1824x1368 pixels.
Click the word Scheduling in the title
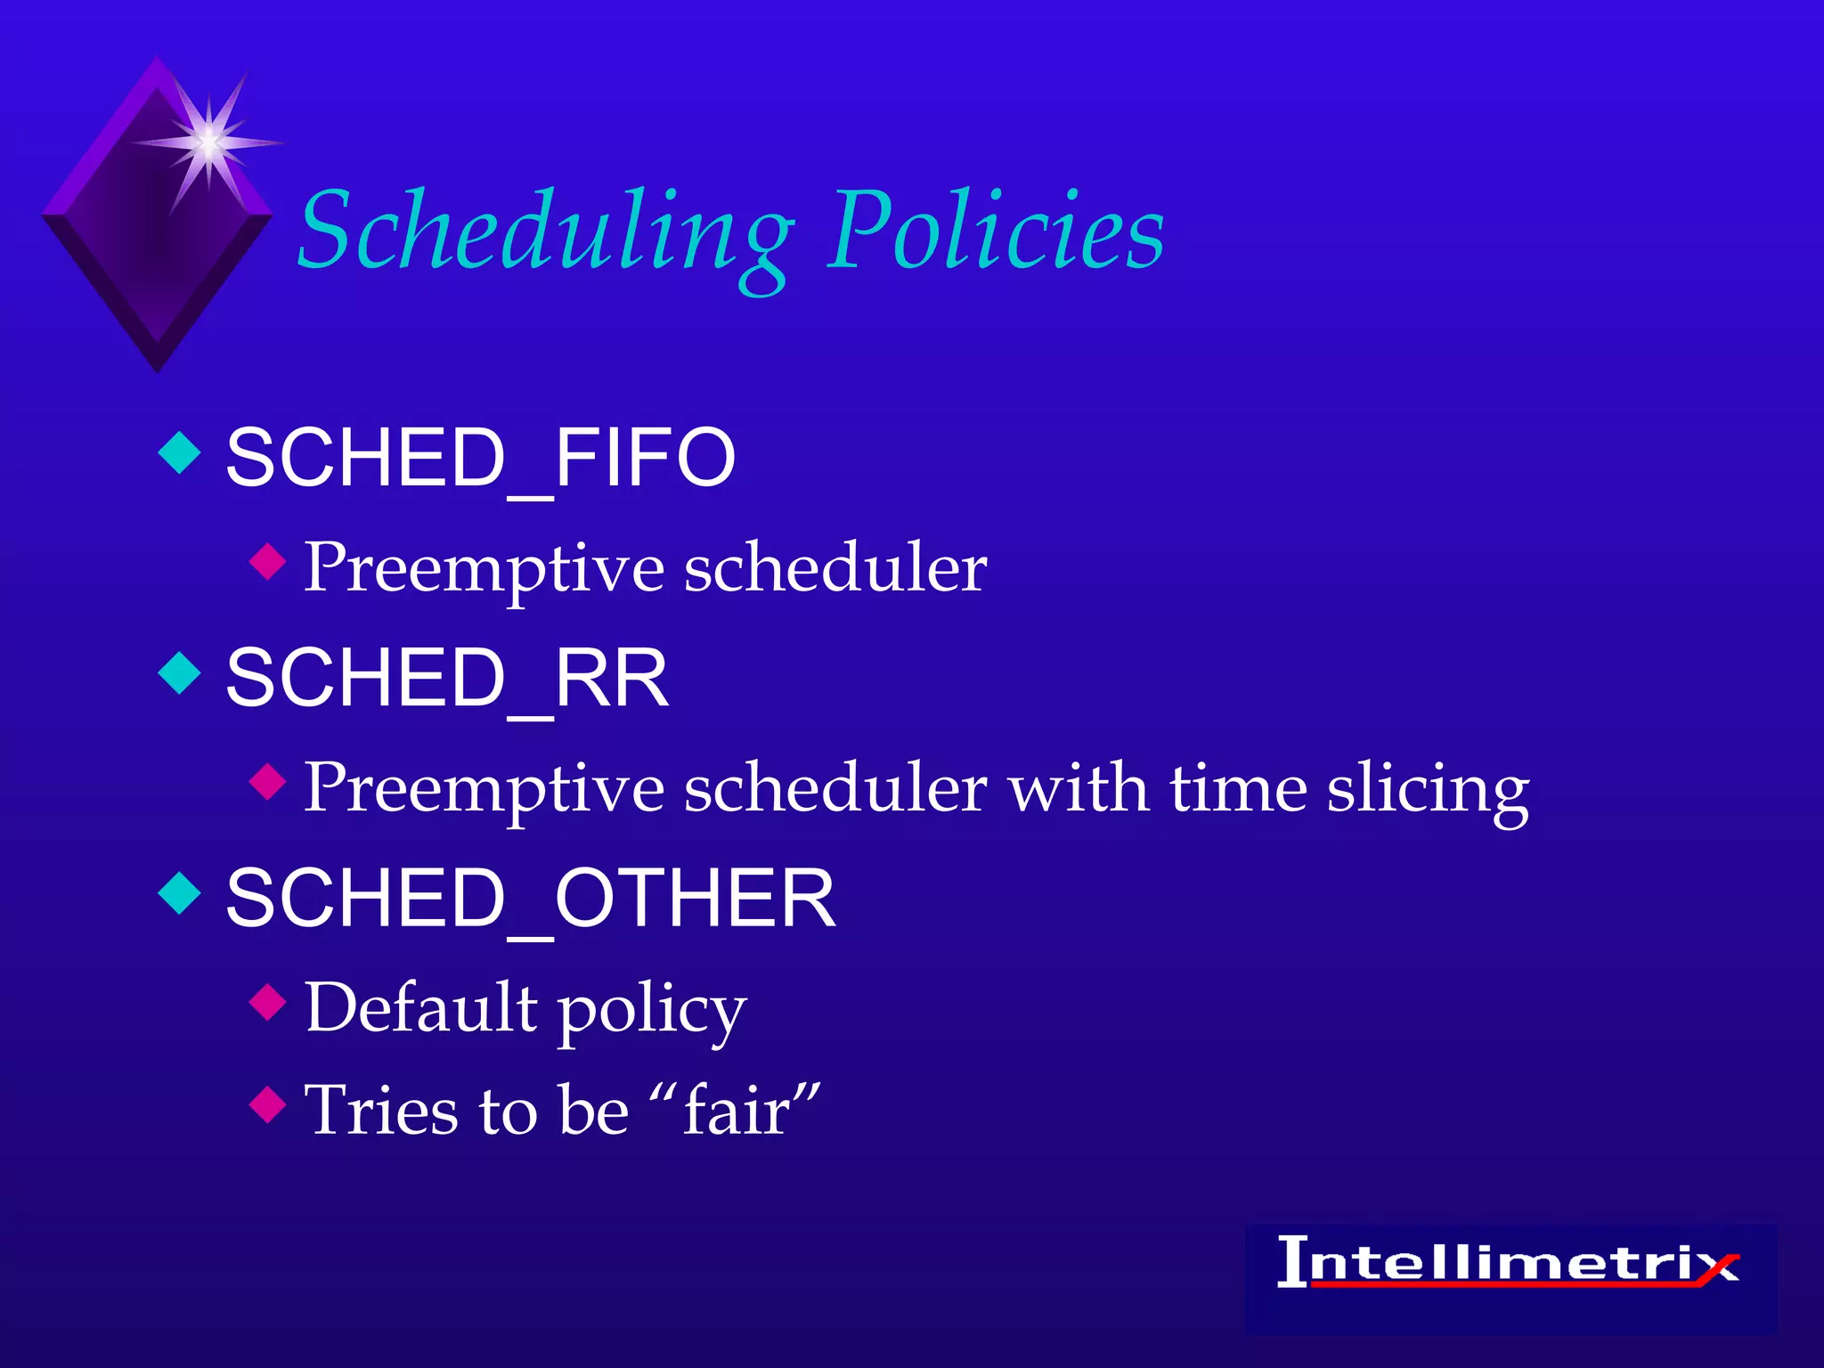545,233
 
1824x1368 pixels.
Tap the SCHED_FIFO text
481,458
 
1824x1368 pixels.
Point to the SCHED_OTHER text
531,899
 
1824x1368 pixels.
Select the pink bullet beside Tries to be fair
267,1105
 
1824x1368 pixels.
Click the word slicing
1428,791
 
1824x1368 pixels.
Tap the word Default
421,1007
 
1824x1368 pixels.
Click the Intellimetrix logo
1510,1265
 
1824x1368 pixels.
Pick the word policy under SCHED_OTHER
652,1012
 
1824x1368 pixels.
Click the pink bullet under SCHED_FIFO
267,562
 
